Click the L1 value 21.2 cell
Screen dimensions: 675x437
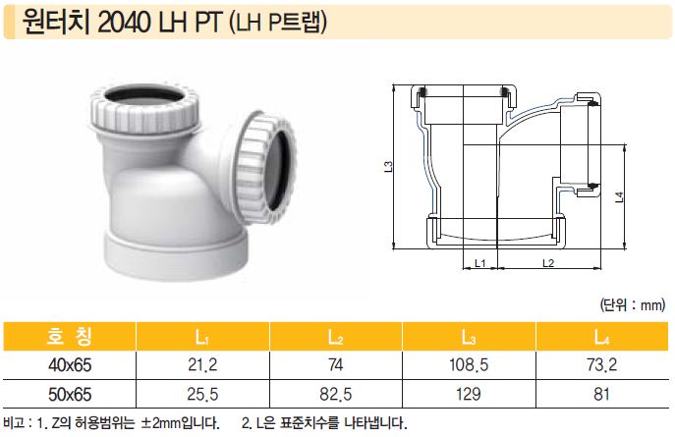coord(202,365)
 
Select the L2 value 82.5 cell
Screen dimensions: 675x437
coord(336,395)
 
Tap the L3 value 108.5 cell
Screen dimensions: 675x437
coord(469,365)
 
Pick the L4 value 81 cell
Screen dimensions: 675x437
coord(602,395)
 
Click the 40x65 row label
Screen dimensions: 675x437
coord(70,365)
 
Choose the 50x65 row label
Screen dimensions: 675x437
coord(70,395)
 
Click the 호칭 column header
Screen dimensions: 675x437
coord(70,337)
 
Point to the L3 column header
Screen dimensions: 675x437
coord(469,337)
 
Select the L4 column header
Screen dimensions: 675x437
coord(602,337)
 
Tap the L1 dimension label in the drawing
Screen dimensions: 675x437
coord(480,262)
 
